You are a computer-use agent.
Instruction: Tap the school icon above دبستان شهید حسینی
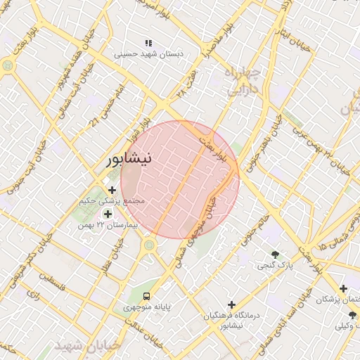pyautogui.click(x=148, y=44)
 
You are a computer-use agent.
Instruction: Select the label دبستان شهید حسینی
pyautogui.click(x=148, y=53)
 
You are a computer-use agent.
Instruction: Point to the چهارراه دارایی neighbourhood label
pyautogui.click(x=244, y=81)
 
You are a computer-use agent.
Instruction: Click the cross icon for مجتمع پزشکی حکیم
pyautogui.click(x=112, y=190)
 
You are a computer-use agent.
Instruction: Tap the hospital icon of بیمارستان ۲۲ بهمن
pyautogui.click(x=108, y=214)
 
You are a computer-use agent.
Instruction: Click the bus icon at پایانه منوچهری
pyautogui.click(x=146, y=296)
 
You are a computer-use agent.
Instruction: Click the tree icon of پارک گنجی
pyautogui.click(x=275, y=255)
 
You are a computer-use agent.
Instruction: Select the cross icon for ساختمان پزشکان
pyautogui.click(x=343, y=288)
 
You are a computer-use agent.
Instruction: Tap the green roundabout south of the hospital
pyautogui.click(x=149, y=245)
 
